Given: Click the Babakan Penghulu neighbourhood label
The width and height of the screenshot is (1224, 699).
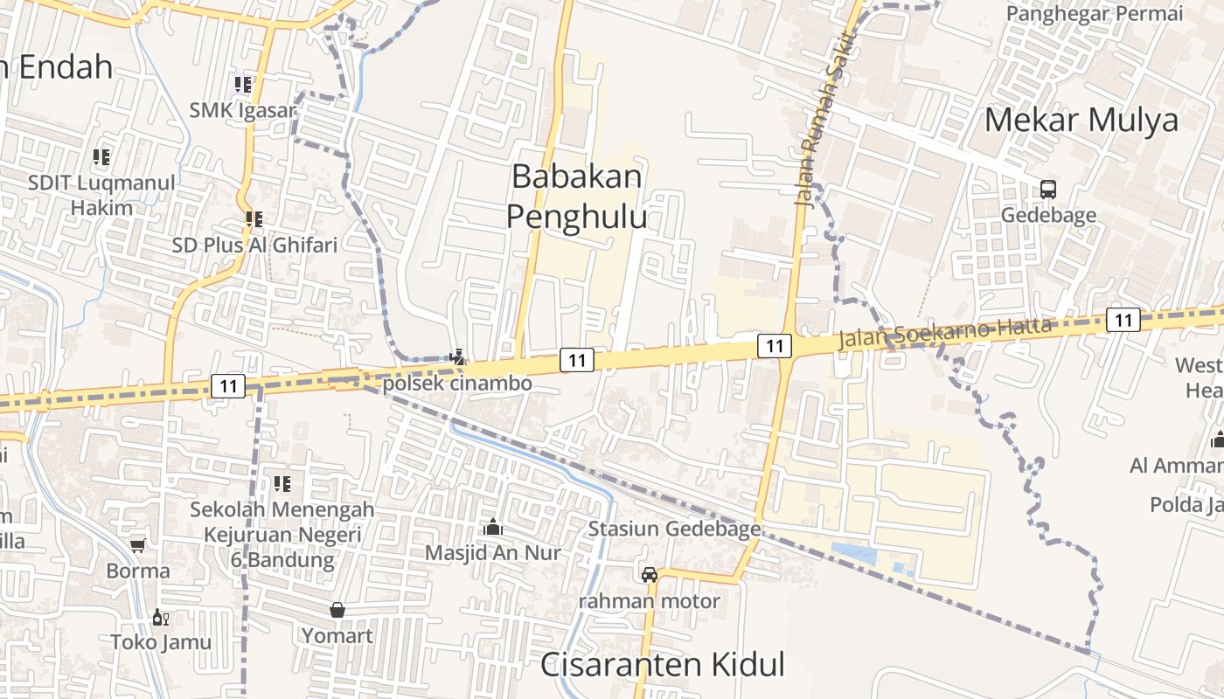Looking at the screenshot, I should (x=577, y=196).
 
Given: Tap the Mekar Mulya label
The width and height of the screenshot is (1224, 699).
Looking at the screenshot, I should (x=1081, y=120).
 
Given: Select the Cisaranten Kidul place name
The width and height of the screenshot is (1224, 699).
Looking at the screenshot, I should (x=662, y=664).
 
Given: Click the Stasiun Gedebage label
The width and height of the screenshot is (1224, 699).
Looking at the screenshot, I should (x=674, y=529).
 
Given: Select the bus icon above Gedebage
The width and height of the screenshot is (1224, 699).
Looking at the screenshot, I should (x=1047, y=189).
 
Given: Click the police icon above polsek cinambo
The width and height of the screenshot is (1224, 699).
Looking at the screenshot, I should (x=456, y=356).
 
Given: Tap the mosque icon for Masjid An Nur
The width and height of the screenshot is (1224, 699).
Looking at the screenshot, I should (x=493, y=527).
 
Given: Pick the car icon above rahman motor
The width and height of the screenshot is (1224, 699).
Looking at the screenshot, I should (x=649, y=574).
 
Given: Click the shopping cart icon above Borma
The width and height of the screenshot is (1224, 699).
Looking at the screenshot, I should (x=137, y=545).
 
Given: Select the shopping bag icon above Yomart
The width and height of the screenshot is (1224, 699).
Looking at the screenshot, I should (x=337, y=610).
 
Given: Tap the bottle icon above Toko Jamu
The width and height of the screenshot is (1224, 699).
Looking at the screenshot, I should (x=160, y=617).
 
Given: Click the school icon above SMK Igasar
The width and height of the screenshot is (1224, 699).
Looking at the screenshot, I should (x=242, y=85).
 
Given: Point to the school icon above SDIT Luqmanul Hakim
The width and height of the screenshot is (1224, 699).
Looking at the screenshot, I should (x=101, y=157).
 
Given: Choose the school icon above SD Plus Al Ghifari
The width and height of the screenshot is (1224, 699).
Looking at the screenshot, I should (x=254, y=218).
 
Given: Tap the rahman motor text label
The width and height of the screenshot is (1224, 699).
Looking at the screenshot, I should (x=650, y=601).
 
